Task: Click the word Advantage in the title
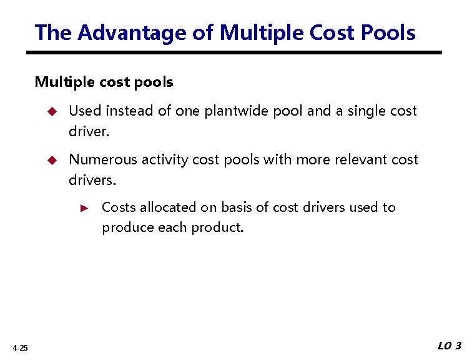click(x=134, y=32)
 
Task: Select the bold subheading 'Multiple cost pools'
click(x=104, y=82)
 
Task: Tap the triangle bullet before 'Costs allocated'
click(x=87, y=207)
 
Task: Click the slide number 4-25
click(x=19, y=348)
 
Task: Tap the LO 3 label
click(x=449, y=346)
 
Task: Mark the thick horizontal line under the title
click(x=237, y=52)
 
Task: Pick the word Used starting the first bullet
click(x=84, y=111)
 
